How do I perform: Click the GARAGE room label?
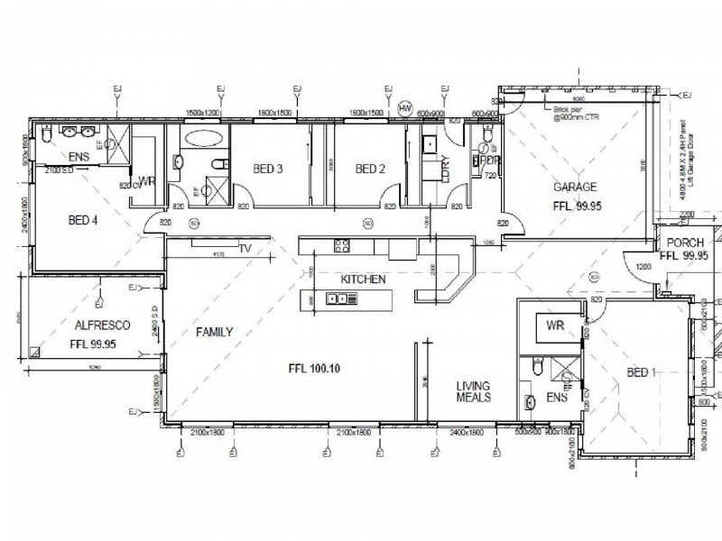click(575, 188)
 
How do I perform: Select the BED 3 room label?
click(268, 169)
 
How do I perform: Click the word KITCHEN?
click(363, 280)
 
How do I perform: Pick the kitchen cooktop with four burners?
click(342, 245)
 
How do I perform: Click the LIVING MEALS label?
click(473, 390)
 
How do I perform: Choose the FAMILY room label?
click(215, 332)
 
